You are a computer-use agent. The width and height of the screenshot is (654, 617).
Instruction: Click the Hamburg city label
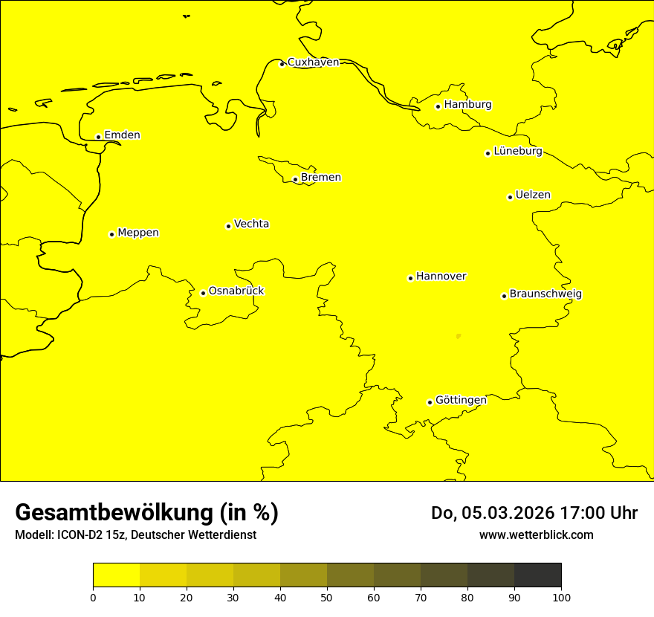(x=467, y=105)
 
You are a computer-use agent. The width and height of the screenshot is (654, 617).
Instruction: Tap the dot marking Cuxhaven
(x=282, y=64)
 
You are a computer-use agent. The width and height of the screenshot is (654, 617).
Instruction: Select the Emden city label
(x=122, y=135)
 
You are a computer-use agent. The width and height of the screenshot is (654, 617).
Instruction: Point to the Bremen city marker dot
(x=295, y=179)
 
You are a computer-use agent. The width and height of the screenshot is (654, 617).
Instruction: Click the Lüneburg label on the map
(x=517, y=152)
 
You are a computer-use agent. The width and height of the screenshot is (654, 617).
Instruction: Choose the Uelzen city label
(x=533, y=196)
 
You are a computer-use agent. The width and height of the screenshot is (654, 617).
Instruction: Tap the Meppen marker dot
(x=111, y=234)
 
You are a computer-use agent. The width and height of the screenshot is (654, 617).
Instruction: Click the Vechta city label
(x=251, y=224)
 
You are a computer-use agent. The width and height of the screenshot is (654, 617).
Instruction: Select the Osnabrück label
(x=236, y=291)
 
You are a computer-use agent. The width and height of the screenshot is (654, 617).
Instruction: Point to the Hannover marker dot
(x=410, y=278)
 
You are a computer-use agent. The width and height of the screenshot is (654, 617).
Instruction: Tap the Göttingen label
(x=461, y=401)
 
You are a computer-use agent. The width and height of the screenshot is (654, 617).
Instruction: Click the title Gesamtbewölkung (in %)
(x=146, y=513)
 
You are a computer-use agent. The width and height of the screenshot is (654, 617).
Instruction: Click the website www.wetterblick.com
(x=536, y=534)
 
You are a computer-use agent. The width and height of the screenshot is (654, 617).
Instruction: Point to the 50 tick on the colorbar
(x=327, y=597)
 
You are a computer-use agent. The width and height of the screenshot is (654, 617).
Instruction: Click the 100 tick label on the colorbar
(x=561, y=597)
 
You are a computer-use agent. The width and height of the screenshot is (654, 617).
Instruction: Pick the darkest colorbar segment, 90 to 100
(x=537, y=575)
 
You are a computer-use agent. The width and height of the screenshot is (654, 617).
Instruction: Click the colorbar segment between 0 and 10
(x=116, y=575)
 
